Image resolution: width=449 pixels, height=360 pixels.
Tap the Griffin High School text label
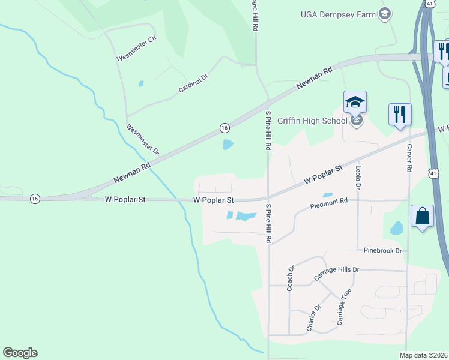[312, 120]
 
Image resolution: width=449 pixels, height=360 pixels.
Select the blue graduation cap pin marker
[355, 103]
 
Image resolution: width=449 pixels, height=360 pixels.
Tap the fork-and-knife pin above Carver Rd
[400, 114]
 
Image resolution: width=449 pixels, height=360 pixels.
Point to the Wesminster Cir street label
[136, 49]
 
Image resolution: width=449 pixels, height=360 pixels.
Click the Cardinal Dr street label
[193, 83]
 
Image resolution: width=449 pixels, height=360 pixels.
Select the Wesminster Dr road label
[143, 139]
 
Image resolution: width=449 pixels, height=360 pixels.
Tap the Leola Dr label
[358, 178]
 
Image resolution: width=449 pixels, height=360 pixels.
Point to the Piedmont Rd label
[329, 204]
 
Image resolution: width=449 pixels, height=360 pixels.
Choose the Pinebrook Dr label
[382, 250]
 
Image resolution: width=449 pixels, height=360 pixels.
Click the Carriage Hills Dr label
[336, 274]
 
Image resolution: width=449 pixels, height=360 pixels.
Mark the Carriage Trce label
[344, 307]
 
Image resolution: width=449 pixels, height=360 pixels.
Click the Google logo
[20, 353]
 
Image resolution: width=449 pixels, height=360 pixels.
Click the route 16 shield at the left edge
[35, 199]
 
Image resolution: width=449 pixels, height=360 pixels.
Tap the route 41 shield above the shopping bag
[433, 173]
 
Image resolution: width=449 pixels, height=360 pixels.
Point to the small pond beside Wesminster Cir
[141, 84]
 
